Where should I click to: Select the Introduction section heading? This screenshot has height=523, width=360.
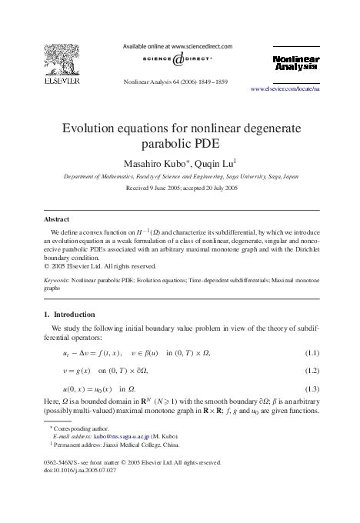click(74, 315)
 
